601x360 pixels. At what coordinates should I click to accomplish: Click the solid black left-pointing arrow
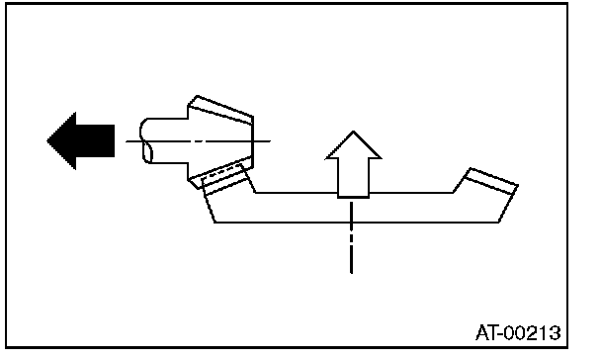(82, 140)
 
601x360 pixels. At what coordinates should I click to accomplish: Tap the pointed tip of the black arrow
(47, 140)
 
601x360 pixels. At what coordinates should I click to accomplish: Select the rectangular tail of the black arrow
(96, 140)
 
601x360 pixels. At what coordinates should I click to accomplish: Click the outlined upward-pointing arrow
(353, 165)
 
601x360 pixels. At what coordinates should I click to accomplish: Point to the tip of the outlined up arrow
(354, 132)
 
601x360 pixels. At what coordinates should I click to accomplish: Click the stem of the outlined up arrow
(353, 178)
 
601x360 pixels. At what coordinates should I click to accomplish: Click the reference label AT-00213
(518, 332)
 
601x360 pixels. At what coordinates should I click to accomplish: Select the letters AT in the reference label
(486, 332)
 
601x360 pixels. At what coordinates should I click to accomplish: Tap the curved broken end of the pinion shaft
(145, 140)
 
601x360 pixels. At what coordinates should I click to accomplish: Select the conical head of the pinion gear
(220, 141)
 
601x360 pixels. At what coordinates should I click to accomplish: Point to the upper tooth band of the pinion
(221, 110)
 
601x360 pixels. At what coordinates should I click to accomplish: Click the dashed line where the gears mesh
(222, 170)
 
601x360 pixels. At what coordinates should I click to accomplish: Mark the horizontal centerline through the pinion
(198, 141)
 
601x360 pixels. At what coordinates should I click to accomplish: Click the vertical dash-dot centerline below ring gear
(352, 237)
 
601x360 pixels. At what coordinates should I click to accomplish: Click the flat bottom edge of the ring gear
(357, 222)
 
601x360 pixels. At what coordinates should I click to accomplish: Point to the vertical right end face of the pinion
(253, 141)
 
